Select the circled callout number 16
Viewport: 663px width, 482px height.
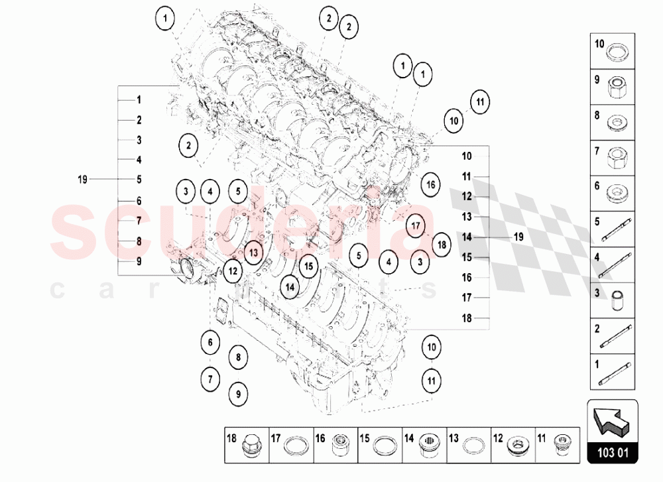point(430,184)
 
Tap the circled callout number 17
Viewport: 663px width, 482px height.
point(416,225)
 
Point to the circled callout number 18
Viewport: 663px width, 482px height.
point(442,244)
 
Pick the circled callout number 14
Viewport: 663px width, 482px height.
point(290,286)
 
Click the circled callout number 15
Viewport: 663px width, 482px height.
point(308,267)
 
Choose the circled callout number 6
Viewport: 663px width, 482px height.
point(210,343)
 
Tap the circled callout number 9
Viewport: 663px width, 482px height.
point(238,393)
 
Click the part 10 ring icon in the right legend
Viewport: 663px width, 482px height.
point(619,51)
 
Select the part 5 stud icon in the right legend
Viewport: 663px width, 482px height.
point(619,230)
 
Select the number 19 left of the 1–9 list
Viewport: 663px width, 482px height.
point(82,179)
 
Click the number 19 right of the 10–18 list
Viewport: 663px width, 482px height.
point(518,237)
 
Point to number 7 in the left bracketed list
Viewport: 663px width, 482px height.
point(139,221)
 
